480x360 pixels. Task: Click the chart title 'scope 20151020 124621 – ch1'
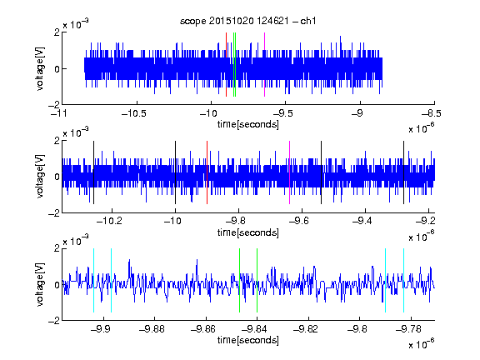247,21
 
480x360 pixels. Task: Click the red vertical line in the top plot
226,65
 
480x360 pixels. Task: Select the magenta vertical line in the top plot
264,65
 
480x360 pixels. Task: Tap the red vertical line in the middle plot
207,172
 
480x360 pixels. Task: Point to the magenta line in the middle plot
290,172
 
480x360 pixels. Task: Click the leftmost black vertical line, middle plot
93,172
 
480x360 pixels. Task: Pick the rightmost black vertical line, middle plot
403,172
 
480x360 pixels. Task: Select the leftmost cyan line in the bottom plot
93,280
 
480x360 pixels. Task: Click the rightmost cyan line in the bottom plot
403,280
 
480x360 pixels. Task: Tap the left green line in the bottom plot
239,280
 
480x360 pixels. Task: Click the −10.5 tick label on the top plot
134,113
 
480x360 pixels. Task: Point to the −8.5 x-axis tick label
431,113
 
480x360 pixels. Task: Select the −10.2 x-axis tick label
109,220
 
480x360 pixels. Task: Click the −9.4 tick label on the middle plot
362,220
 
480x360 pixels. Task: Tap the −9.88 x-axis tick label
152,329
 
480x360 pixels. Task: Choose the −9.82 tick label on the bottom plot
306,329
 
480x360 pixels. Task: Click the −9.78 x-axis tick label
408,329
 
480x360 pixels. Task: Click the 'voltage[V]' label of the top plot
40,69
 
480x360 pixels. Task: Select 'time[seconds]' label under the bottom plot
248,340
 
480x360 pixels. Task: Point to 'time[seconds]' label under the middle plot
248,232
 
